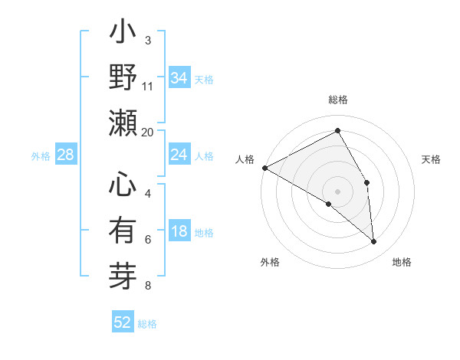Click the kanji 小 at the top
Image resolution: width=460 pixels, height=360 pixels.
pos(123,35)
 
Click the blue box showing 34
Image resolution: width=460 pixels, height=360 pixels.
pos(179,78)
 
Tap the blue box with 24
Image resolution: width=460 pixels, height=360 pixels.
pos(179,155)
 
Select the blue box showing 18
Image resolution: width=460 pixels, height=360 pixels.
pos(179,232)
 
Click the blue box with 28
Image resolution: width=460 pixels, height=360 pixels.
pos(65,155)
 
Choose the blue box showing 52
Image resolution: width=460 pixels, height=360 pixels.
pos(123,322)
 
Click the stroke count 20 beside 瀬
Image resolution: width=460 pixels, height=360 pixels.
pos(147,131)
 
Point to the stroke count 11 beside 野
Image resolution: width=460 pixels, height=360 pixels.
pos(147,86)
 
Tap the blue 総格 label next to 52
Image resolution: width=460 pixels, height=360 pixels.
pos(147,324)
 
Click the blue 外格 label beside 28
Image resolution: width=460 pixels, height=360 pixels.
pos(41,156)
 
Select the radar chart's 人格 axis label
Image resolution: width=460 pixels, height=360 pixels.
pos(245,159)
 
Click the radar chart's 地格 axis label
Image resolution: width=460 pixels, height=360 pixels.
pos(402,263)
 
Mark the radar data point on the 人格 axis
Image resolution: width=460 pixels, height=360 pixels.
pos(264,167)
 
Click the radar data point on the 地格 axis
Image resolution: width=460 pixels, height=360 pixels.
pos(374,242)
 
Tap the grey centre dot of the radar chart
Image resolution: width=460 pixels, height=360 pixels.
pos(337,191)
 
